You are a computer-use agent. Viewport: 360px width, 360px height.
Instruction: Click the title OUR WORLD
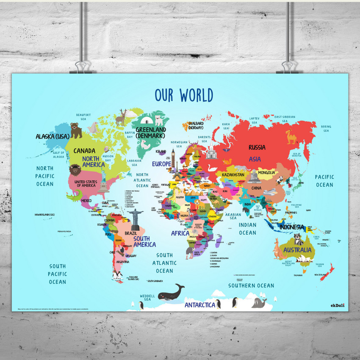coord(184,95)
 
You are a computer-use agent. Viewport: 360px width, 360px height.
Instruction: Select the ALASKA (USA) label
coord(52,136)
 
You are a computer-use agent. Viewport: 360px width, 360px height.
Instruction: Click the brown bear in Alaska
coord(76,130)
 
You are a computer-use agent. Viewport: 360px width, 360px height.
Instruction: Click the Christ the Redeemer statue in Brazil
coord(135,217)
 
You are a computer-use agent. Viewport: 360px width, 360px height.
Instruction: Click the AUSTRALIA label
coord(298,250)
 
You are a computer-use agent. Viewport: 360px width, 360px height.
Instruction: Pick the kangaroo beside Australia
coord(277,249)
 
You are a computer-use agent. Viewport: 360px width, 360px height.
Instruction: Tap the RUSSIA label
coord(257,147)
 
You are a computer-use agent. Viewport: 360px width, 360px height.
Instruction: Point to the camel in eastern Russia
coord(291,136)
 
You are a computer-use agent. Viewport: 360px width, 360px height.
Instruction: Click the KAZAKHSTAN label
coord(233,175)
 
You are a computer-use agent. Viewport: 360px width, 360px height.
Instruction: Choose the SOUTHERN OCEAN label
coord(251,285)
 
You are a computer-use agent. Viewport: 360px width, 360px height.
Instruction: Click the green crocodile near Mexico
coord(75,195)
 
